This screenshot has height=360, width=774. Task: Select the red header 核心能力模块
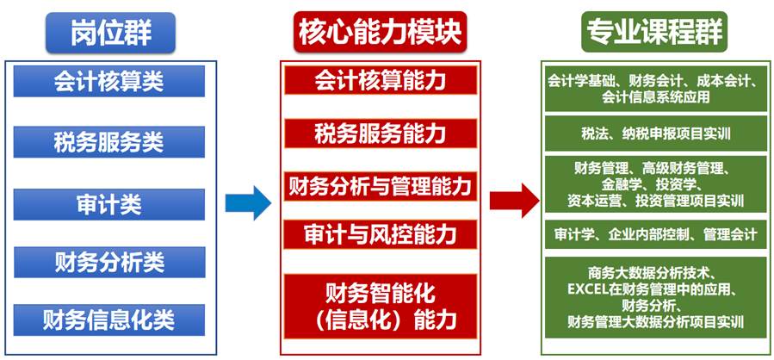coord(380,33)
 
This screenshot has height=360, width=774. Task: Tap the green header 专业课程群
coord(654,33)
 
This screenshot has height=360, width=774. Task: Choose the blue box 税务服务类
coord(108,141)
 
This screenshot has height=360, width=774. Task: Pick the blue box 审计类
coord(108,204)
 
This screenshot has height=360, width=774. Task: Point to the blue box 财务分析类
coord(108,262)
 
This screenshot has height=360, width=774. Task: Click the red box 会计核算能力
coord(380,81)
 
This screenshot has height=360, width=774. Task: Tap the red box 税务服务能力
coord(380,133)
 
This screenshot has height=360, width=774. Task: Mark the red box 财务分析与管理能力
coord(380,185)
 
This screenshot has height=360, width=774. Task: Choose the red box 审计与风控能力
coord(380,233)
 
